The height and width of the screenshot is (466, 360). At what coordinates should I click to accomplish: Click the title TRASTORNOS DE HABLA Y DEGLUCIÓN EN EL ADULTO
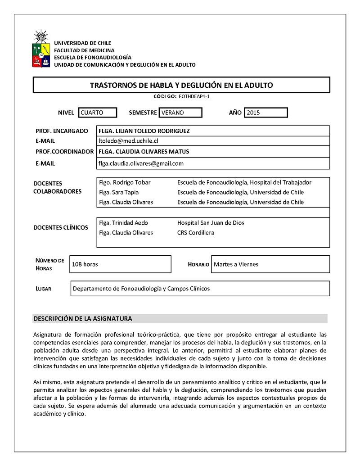click(181, 85)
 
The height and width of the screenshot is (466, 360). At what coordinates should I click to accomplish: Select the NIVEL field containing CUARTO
click(97, 113)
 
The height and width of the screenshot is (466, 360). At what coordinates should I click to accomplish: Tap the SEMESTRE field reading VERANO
click(180, 113)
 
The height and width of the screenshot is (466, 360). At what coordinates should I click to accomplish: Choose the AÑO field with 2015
click(265, 113)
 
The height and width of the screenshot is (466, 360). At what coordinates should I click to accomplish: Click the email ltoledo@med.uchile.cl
click(128, 141)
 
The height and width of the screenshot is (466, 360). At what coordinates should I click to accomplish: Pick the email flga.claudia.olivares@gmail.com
click(141, 163)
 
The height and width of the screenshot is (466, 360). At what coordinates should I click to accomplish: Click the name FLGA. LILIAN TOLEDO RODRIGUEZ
click(144, 131)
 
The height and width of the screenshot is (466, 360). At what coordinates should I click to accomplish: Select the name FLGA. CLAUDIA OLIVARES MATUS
click(144, 151)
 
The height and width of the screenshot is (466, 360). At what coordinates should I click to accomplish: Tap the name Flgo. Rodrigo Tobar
click(125, 182)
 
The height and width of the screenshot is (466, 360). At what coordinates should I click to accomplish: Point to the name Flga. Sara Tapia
click(119, 192)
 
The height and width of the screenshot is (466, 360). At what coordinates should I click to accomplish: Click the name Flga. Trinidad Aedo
click(123, 223)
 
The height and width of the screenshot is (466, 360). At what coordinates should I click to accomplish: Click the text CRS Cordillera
click(196, 233)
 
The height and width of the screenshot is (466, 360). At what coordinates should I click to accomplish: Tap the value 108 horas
click(85, 264)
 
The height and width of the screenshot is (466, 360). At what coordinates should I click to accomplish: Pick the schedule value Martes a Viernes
click(236, 264)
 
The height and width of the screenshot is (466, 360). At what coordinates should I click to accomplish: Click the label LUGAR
click(43, 289)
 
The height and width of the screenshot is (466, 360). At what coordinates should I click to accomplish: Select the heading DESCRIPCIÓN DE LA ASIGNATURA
click(83, 319)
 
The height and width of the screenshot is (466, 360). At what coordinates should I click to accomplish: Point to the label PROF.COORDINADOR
click(64, 151)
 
